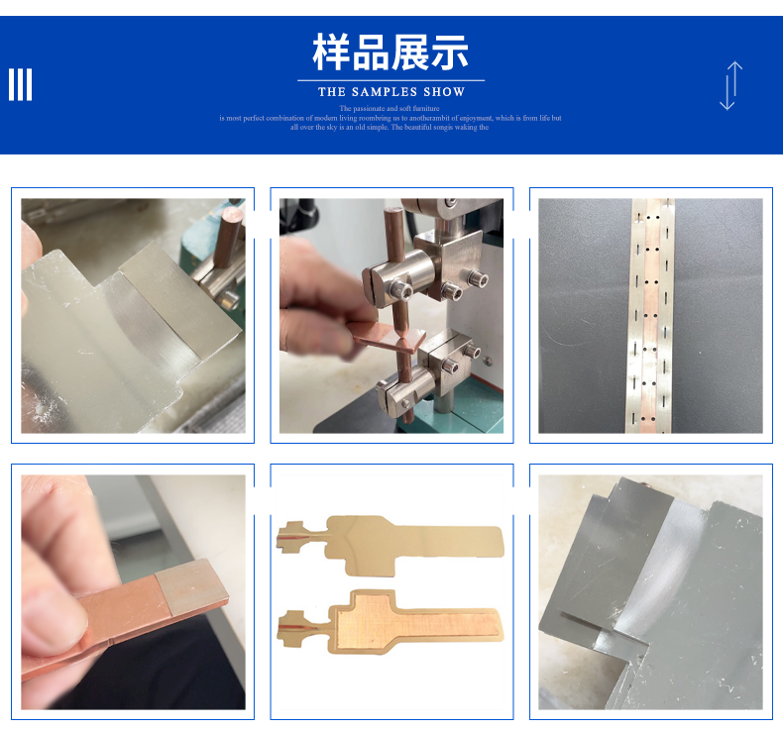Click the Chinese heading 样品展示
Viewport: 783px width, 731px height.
(391, 52)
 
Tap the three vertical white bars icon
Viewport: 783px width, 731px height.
(21, 85)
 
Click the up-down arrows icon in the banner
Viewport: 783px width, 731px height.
(730, 85)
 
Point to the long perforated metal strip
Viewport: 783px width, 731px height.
(649, 317)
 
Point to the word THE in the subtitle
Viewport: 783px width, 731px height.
(331, 92)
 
